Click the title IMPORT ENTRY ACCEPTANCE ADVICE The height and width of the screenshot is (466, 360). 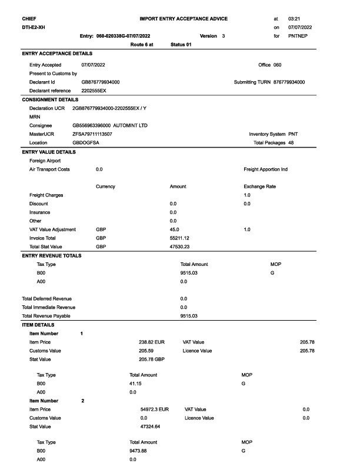184,19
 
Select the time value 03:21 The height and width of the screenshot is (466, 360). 294,19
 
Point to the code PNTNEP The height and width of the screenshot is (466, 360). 298,36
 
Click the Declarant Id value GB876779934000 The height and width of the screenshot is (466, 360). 101,82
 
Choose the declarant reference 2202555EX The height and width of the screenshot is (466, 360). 94,91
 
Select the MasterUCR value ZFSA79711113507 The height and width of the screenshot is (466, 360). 92,134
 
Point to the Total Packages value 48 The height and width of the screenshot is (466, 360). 291,143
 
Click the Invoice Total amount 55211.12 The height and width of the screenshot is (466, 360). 179,238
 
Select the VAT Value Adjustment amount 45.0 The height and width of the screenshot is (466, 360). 174,229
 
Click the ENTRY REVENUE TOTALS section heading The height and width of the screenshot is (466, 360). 52,255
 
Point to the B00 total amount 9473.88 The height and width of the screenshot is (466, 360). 138,451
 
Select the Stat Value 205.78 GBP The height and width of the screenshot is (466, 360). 152,359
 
